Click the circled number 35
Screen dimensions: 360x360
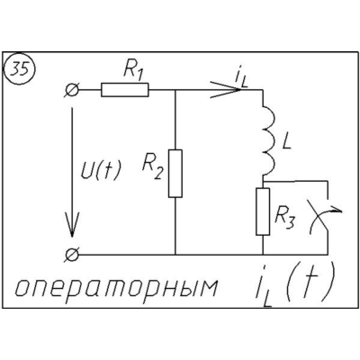(x=20, y=69)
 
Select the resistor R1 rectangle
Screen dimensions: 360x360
(x=125, y=90)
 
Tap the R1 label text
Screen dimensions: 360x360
(x=132, y=72)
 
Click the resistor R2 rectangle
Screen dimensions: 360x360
(x=175, y=174)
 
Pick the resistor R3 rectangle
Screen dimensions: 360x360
(x=263, y=211)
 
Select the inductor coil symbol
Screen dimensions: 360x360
(x=269, y=140)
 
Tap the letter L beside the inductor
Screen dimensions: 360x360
(x=287, y=142)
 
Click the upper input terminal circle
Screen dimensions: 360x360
(x=72, y=90)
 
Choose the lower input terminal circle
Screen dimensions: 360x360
(x=72, y=255)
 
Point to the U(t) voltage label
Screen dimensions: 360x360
(x=101, y=171)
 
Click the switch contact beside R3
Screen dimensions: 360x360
(x=324, y=217)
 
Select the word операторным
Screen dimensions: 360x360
(x=116, y=288)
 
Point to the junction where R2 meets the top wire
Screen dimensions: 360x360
(x=175, y=90)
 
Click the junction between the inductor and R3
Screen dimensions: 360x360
(x=263, y=181)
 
